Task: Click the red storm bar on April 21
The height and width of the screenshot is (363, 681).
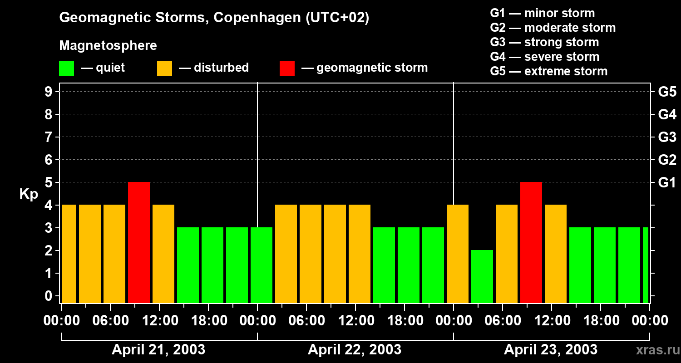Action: (x=139, y=242)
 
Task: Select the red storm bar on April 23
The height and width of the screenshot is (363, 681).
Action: (x=531, y=242)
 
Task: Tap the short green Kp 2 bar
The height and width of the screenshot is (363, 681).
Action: (x=482, y=276)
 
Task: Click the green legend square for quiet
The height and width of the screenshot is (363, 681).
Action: (x=66, y=69)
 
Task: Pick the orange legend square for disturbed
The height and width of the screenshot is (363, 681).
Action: (x=164, y=69)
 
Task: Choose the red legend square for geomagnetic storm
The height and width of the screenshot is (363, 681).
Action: (x=287, y=69)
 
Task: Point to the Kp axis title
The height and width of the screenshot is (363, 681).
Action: (x=29, y=194)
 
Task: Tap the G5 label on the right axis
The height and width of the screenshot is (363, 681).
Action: (x=667, y=92)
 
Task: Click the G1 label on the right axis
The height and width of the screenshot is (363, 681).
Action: (x=667, y=183)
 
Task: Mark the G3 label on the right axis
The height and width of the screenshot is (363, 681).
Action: (x=667, y=137)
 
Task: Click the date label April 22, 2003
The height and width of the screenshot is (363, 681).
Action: (x=355, y=349)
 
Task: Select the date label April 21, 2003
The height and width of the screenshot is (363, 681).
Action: (x=158, y=349)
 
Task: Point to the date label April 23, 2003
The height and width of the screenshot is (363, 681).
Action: (x=551, y=349)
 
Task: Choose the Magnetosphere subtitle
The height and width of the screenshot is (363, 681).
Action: (x=108, y=46)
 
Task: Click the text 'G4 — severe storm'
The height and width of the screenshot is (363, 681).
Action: (x=545, y=57)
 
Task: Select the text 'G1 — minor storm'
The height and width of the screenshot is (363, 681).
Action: (x=543, y=13)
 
